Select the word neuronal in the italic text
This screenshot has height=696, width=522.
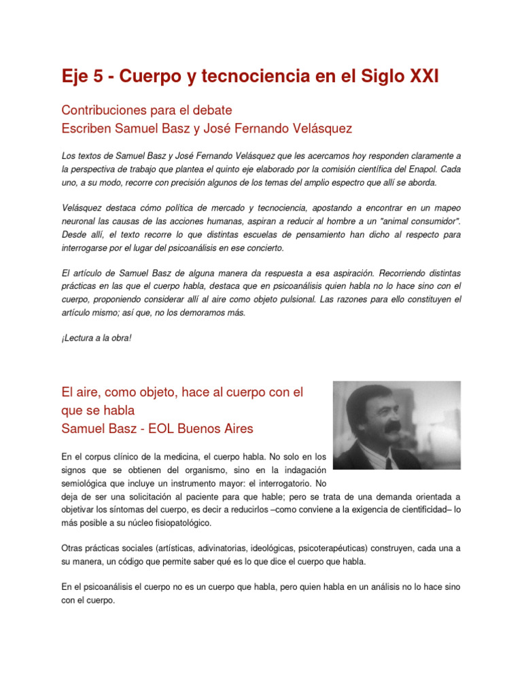tap(78, 221)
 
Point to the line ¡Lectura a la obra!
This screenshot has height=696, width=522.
tap(96, 338)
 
